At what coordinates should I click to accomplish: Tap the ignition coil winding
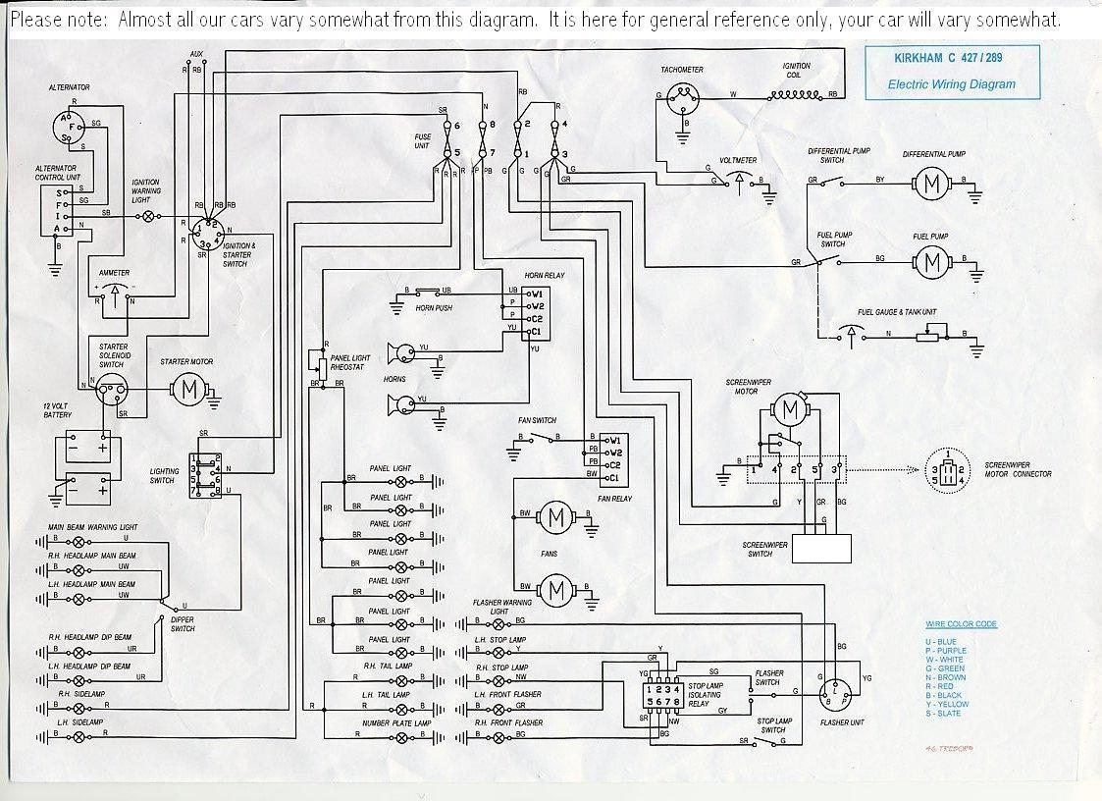click(x=795, y=95)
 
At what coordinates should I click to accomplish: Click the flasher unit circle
click(x=834, y=694)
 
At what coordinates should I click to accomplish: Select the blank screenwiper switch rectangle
click(x=821, y=548)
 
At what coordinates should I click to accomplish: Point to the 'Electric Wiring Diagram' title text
click(x=951, y=84)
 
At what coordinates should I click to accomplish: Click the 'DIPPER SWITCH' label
click(x=182, y=624)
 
